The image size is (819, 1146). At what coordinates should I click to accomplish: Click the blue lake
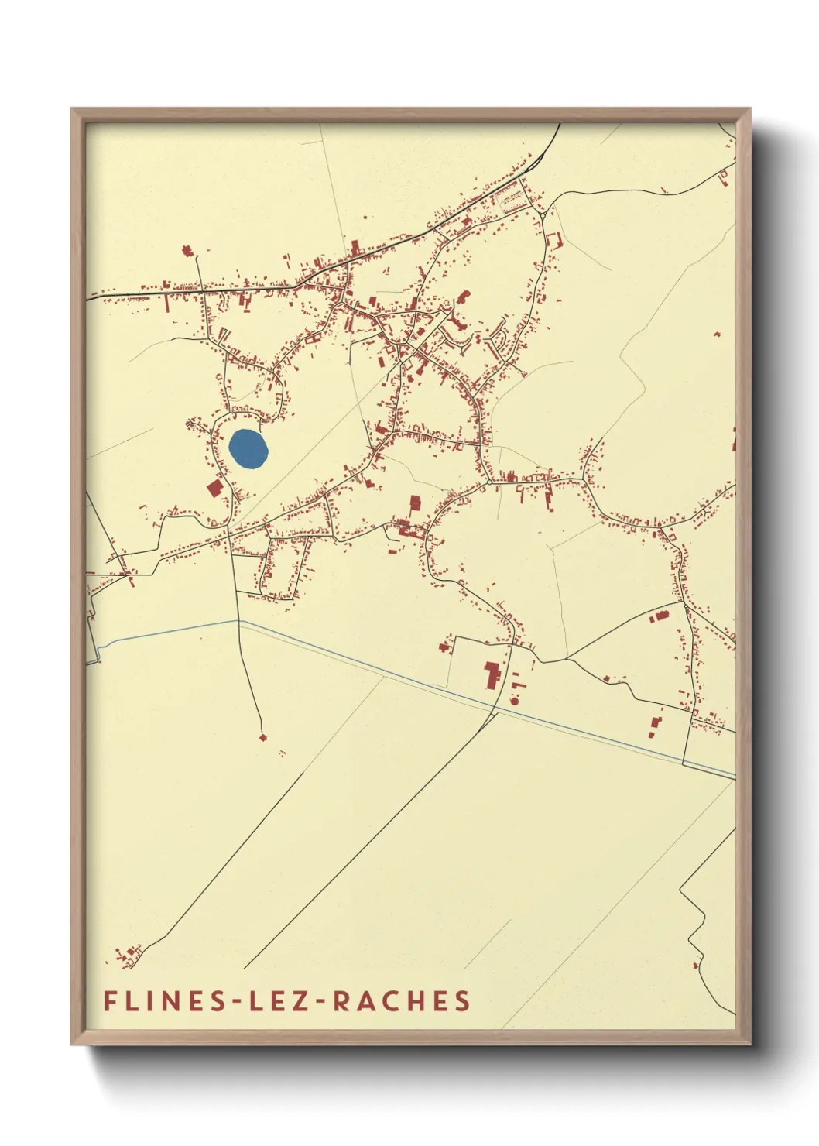click(x=248, y=449)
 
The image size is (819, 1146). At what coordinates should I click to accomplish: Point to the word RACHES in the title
click(x=402, y=1000)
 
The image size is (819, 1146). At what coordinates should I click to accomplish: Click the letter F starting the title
click(x=110, y=1000)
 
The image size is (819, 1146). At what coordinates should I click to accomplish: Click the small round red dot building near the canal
click(x=514, y=702)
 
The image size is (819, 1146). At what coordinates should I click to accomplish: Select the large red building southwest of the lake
click(x=214, y=488)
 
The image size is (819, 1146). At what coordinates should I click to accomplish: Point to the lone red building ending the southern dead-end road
click(x=262, y=737)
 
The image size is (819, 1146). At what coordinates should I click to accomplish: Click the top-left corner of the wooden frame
click(x=72, y=109)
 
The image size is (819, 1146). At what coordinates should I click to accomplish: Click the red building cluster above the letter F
click(x=128, y=956)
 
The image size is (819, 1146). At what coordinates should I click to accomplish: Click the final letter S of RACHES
click(x=462, y=1000)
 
